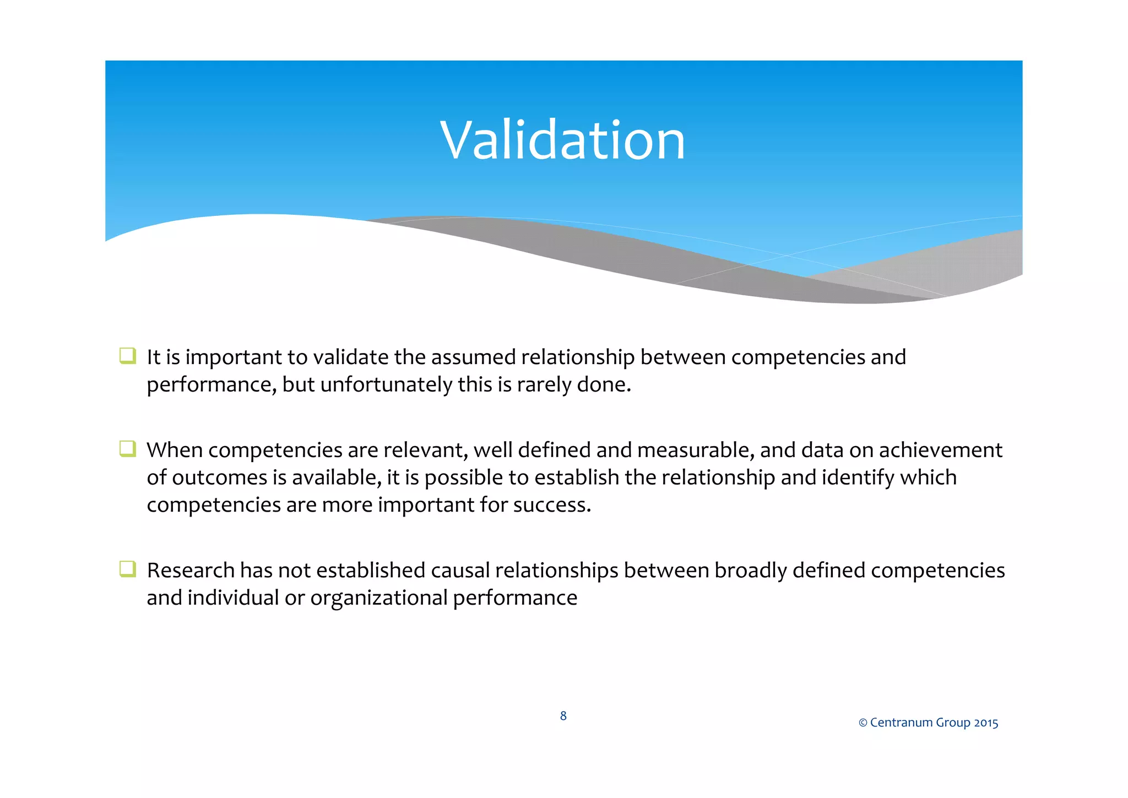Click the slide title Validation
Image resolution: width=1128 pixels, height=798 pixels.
[x=562, y=141]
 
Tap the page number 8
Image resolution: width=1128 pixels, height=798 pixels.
[x=563, y=715]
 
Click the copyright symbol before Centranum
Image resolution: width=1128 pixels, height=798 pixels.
[x=863, y=723]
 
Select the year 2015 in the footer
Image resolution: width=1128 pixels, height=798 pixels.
[x=986, y=723]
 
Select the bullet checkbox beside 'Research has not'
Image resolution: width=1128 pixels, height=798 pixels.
[x=127, y=568]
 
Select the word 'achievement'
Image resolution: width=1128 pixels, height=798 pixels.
[x=940, y=450]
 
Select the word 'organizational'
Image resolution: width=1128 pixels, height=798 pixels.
[x=379, y=598]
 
